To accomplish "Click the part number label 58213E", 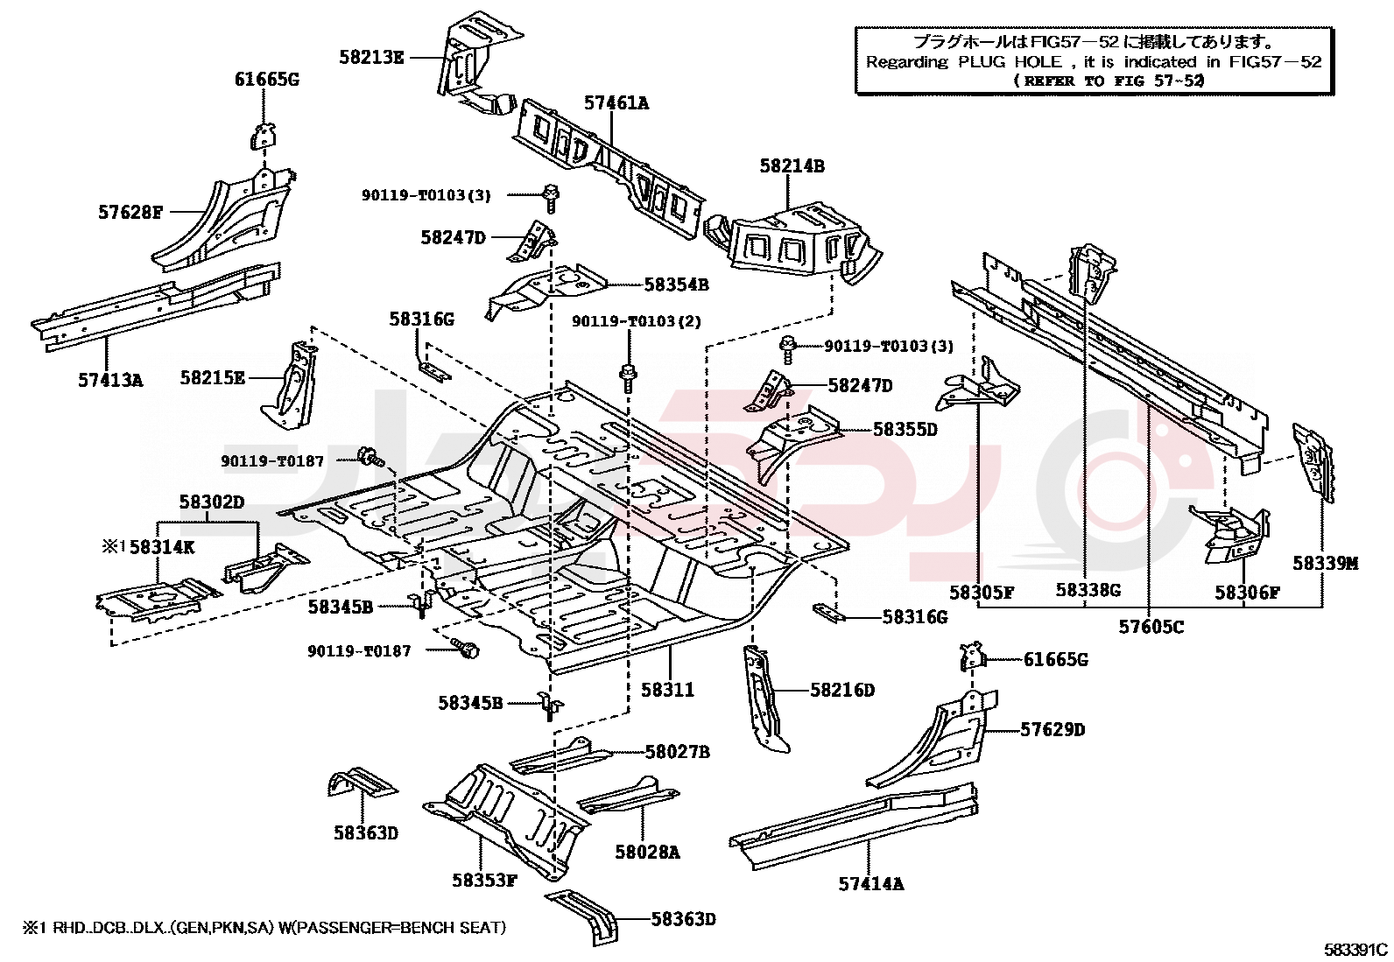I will (371, 58).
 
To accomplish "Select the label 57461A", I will (616, 103).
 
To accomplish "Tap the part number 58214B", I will (792, 166).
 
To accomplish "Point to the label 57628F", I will (130, 213).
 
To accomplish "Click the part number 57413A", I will (110, 380).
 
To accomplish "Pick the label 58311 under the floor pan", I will (667, 690).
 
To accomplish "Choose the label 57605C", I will (1151, 627).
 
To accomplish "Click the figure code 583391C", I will (1355, 949).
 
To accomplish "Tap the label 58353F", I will (484, 880).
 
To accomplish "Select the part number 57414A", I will (870, 884).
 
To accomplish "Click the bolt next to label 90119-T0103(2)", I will (628, 377).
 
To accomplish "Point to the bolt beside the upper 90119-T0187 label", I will (370, 456).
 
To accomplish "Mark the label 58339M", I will (1325, 564).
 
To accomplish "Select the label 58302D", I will (212, 502).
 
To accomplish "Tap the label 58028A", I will (647, 852).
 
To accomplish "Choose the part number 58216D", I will (841, 691).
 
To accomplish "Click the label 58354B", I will (676, 284).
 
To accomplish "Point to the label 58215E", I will (213, 378).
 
